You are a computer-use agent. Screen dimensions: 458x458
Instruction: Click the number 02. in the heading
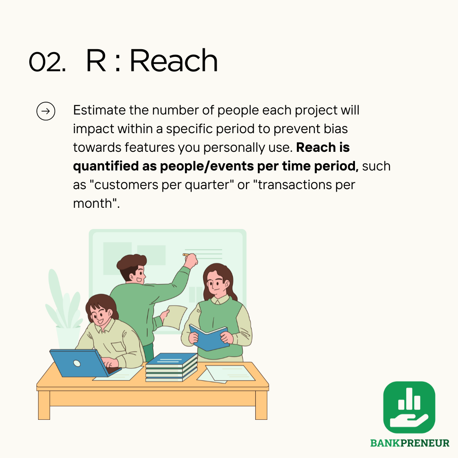point(47,61)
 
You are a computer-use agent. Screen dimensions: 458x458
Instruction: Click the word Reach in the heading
point(174,60)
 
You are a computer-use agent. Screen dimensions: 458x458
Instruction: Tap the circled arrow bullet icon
point(46,111)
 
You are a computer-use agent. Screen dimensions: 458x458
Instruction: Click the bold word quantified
point(106,167)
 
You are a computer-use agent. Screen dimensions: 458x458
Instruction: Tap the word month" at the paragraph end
point(96,203)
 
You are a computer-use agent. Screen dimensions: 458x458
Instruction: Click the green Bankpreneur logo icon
point(409,407)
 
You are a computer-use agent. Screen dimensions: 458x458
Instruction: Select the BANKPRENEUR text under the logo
point(410,443)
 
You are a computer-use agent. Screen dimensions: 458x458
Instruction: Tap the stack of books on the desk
point(171,367)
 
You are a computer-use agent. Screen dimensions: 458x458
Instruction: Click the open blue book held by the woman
point(209,338)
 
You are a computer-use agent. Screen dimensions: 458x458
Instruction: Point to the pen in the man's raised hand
point(186,255)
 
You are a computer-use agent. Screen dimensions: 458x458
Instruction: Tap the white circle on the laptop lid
point(77,363)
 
